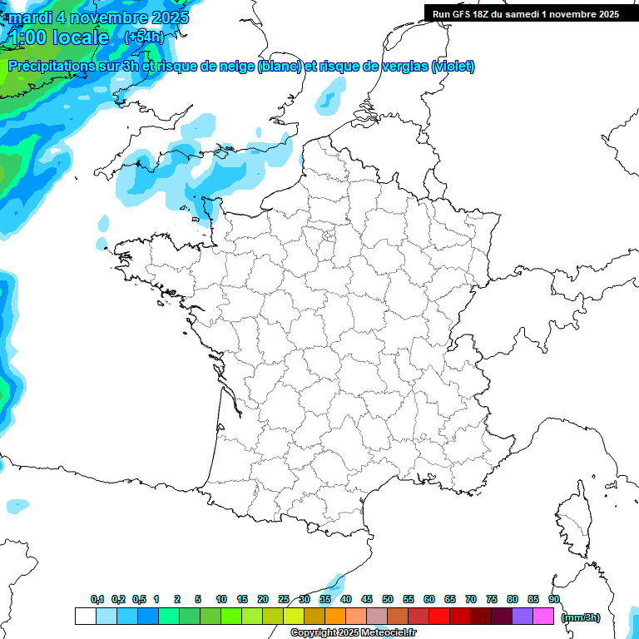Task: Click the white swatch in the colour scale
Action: pyautogui.click(x=85, y=616)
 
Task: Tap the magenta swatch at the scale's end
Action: pyautogui.click(x=543, y=616)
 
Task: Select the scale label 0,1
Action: pyautogui.click(x=97, y=599)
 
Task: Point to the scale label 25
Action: pyautogui.click(x=284, y=599)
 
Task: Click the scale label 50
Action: pyautogui.click(x=388, y=599)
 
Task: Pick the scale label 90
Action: pyautogui.click(x=554, y=599)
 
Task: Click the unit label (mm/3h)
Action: pyautogui.click(x=581, y=617)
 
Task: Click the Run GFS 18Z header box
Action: pyautogui.click(x=526, y=14)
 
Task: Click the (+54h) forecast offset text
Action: pyautogui.click(x=144, y=37)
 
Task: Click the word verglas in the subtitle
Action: pyautogui.click(x=404, y=67)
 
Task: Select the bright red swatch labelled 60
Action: pyautogui.click(x=439, y=616)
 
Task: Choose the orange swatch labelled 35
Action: pyautogui.click(x=335, y=616)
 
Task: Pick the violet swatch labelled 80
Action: pyautogui.click(x=523, y=616)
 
